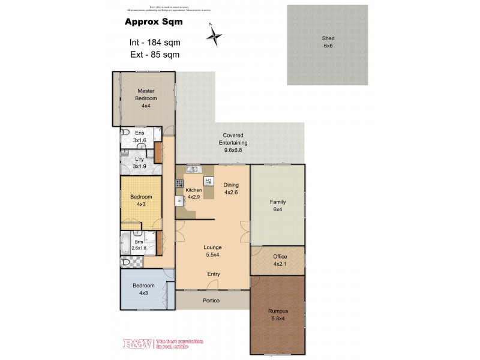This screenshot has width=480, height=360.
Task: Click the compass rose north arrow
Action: click(x=214, y=35)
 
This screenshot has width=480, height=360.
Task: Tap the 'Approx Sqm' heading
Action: click(x=153, y=22)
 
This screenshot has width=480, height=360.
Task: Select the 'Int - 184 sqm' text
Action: click(x=155, y=43)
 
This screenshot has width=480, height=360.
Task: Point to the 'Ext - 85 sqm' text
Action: click(x=155, y=55)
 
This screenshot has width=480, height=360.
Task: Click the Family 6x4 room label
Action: click(x=277, y=206)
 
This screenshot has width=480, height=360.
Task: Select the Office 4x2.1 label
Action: click(x=280, y=260)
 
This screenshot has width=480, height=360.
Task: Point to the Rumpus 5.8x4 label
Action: click(x=278, y=315)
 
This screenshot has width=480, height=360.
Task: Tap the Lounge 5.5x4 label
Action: click(x=212, y=251)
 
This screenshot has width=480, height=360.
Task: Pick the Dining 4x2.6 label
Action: click(x=231, y=189)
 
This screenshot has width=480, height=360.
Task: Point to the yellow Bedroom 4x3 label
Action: click(x=142, y=200)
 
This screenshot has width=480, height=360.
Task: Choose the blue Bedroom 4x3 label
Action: click(x=144, y=289)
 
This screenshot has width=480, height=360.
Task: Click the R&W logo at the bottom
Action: click(x=138, y=344)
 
